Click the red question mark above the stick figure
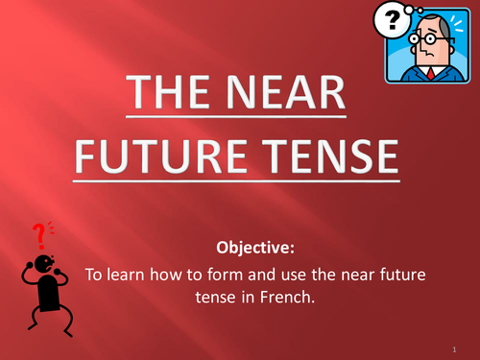pyautogui.click(x=39, y=234)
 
